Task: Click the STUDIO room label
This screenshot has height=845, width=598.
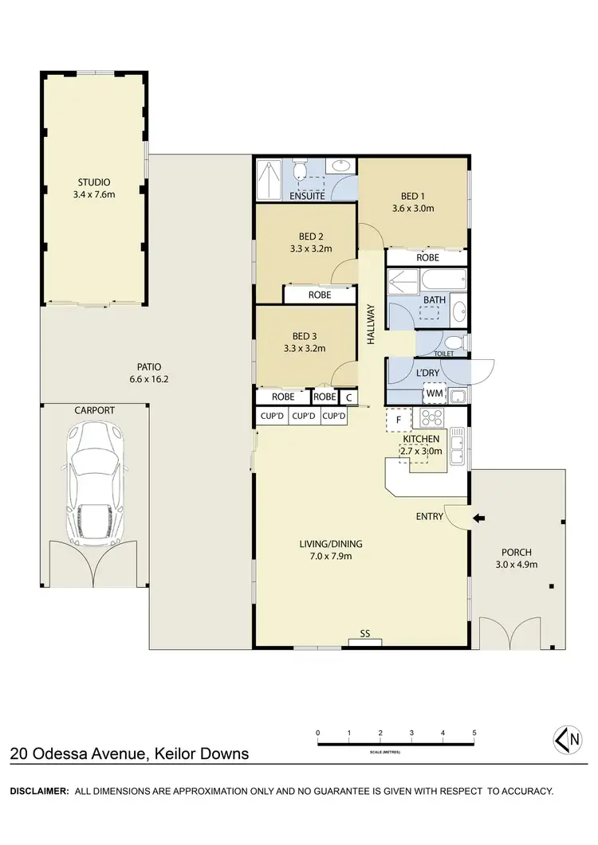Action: pyautogui.click(x=94, y=182)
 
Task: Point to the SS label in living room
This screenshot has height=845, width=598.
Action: pyautogui.click(x=365, y=634)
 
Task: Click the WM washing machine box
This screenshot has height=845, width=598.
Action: pyautogui.click(x=434, y=393)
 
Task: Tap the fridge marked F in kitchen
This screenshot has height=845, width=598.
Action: pyautogui.click(x=398, y=418)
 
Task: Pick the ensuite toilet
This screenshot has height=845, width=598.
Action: pyautogui.click(x=301, y=171)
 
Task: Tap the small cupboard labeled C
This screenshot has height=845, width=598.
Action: pyautogui.click(x=348, y=397)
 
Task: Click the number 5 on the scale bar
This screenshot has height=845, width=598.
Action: pyautogui.click(x=474, y=733)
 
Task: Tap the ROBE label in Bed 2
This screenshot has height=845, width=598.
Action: pyautogui.click(x=320, y=295)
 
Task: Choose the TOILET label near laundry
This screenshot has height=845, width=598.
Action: pyautogui.click(x=443, y=353)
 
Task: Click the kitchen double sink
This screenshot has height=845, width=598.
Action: pyautogui.click(x=458, y=446)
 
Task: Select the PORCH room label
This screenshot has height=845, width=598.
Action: pyautogui.click(x=516, y=552)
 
